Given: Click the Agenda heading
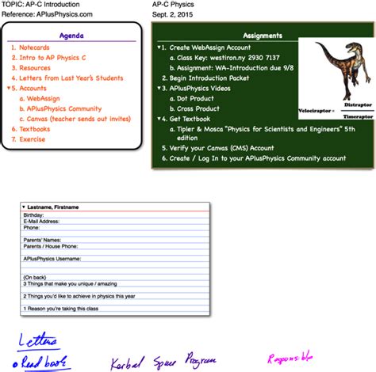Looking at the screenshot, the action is coord(75,36).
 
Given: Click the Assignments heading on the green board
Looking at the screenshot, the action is coord(262,36).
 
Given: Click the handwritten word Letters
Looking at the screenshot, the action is coord(37,341).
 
